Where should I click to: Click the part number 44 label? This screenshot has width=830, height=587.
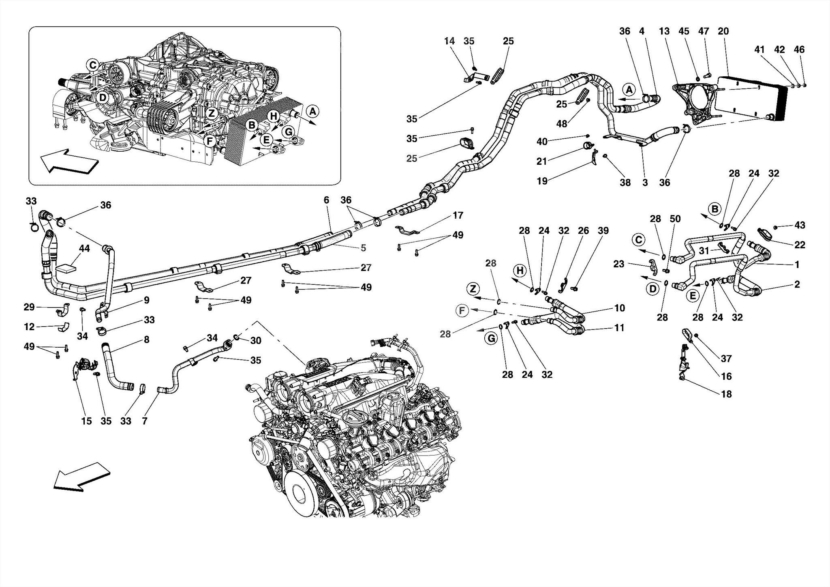84,249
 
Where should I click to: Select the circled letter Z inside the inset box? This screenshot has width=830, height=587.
212,114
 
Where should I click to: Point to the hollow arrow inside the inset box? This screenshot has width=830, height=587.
68,161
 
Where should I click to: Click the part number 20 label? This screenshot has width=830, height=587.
723,31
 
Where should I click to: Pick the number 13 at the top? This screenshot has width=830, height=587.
664,31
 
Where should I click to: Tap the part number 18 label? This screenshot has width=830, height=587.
726,394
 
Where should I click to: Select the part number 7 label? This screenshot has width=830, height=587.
145,421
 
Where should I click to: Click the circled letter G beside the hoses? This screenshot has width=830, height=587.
491,338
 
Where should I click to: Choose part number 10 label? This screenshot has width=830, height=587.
619,308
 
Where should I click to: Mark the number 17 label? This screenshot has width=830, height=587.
458,215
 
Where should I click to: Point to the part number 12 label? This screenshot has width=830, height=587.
29,327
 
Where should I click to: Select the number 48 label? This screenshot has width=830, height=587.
561,124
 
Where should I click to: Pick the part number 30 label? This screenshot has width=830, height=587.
255,340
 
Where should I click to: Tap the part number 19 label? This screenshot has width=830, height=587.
542,181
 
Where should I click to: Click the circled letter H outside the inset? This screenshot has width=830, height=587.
520,270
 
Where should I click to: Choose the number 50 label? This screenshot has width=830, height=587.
675,219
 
